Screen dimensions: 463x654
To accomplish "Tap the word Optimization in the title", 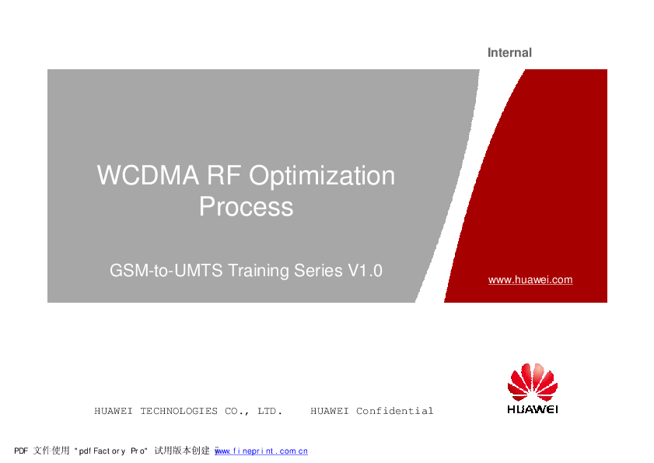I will [322, 177].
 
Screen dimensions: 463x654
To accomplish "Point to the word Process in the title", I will [246, 207].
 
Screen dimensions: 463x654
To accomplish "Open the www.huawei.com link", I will [530, 280].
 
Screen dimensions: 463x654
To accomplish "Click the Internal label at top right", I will [509, 53].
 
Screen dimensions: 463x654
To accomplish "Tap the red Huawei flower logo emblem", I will [533, 382].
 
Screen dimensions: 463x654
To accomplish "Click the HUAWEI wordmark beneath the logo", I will [533, 409].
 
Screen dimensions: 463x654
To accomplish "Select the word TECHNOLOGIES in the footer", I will [179, 411].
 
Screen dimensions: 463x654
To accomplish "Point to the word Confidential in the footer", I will [394, 411].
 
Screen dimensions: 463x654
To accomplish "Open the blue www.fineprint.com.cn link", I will [261, 451].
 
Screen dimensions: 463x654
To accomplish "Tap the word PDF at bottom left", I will [22, 451].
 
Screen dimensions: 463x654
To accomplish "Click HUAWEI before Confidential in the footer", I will [329, 411].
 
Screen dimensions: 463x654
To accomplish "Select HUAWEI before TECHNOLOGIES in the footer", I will [114, 411].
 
